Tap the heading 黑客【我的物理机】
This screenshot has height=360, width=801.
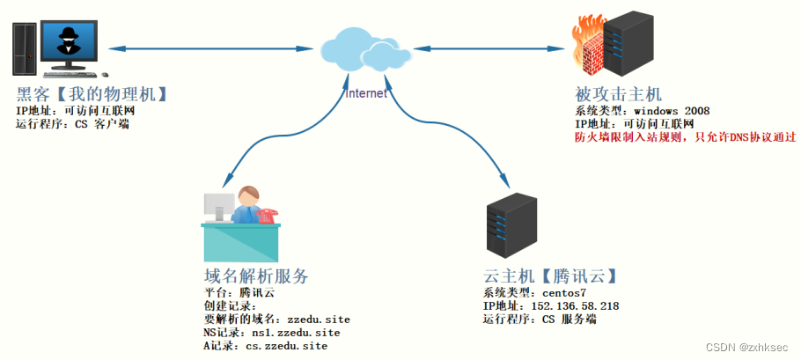[x=92, y=94]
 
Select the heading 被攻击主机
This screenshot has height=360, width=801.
[x=617, y=93]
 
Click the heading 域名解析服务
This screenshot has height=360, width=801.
[x=255, y=276]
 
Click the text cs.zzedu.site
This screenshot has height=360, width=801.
[x=286, y=347]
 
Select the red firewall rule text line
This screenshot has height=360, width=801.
[x=685, y=137]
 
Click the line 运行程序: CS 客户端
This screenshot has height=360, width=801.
[x=72, y=124]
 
